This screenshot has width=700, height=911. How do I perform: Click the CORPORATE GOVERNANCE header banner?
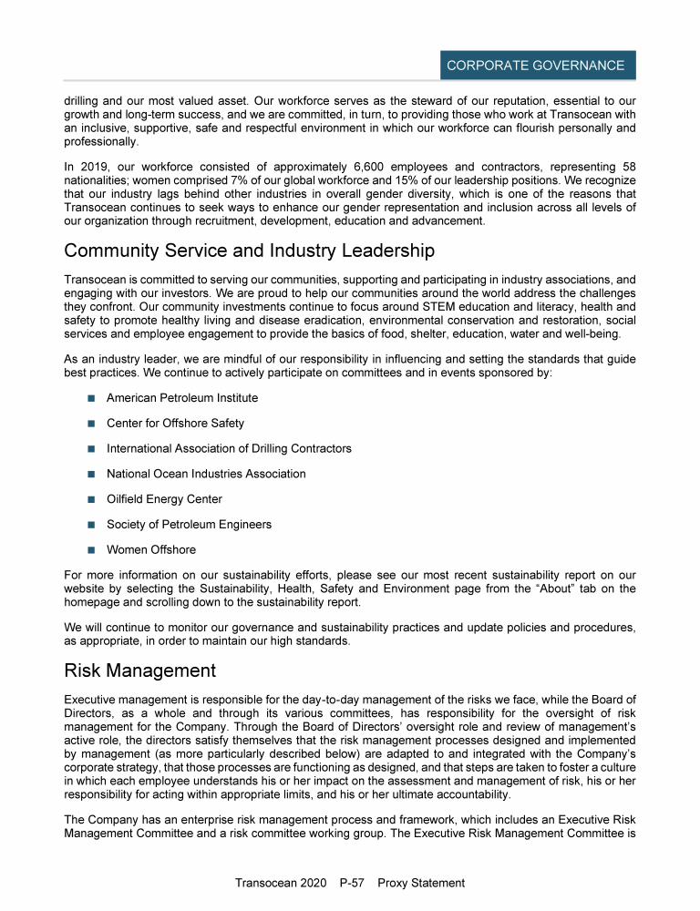[x=535, y=66]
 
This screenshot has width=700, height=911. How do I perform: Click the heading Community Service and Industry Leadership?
[x=249, y=251]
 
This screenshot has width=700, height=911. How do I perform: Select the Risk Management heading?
[x=139, y=671]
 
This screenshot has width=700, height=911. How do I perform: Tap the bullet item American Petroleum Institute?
[x=181, y=398]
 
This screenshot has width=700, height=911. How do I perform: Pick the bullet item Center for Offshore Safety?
[x=175, y=424]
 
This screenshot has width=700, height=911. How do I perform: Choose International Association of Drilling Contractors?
[x=229, y=448]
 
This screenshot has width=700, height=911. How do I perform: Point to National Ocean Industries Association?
[x=206, y=474]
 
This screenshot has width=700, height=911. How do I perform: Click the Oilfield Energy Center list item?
[x=164, y=499]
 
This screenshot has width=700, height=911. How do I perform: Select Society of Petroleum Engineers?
[x=189, y=524]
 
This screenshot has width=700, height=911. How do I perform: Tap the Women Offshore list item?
[x=150, y=549]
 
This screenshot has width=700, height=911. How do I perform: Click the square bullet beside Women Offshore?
[x=91, y=549]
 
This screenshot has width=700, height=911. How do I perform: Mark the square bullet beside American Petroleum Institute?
[x=91, y=398]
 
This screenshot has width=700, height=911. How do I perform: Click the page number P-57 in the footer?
[x=351, y=883]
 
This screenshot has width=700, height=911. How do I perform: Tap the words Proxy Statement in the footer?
[x=420, y=883]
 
